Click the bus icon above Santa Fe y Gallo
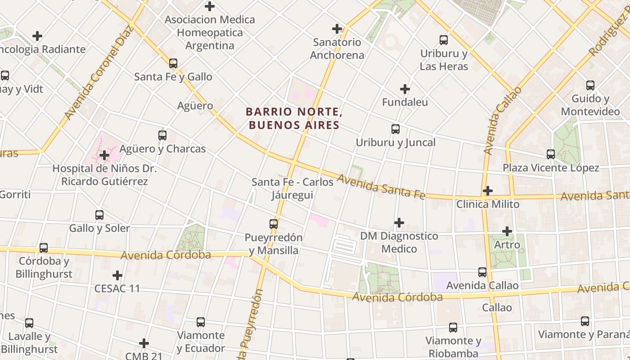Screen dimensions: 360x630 173,63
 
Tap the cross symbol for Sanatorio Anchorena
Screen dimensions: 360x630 337,29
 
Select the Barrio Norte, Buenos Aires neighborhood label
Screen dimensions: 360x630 294,118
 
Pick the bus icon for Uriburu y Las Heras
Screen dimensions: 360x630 444,40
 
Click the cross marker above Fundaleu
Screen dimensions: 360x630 405,89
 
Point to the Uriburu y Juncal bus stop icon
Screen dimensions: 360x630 396,129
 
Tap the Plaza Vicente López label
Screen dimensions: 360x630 551,168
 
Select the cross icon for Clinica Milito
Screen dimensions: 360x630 488,191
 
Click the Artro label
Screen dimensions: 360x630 507,245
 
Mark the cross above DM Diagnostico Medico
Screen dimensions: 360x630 399,223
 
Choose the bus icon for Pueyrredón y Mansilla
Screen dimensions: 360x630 274,224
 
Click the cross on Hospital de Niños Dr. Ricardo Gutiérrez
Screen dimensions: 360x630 104,155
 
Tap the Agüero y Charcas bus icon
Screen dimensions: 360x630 162,135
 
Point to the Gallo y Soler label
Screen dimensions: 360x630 99,228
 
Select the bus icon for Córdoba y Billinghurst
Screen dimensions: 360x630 44,248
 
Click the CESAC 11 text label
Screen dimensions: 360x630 117,288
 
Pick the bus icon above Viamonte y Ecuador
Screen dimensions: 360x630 201,322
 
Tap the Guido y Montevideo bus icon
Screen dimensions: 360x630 590,85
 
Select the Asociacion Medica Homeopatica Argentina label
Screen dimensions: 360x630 210,32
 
